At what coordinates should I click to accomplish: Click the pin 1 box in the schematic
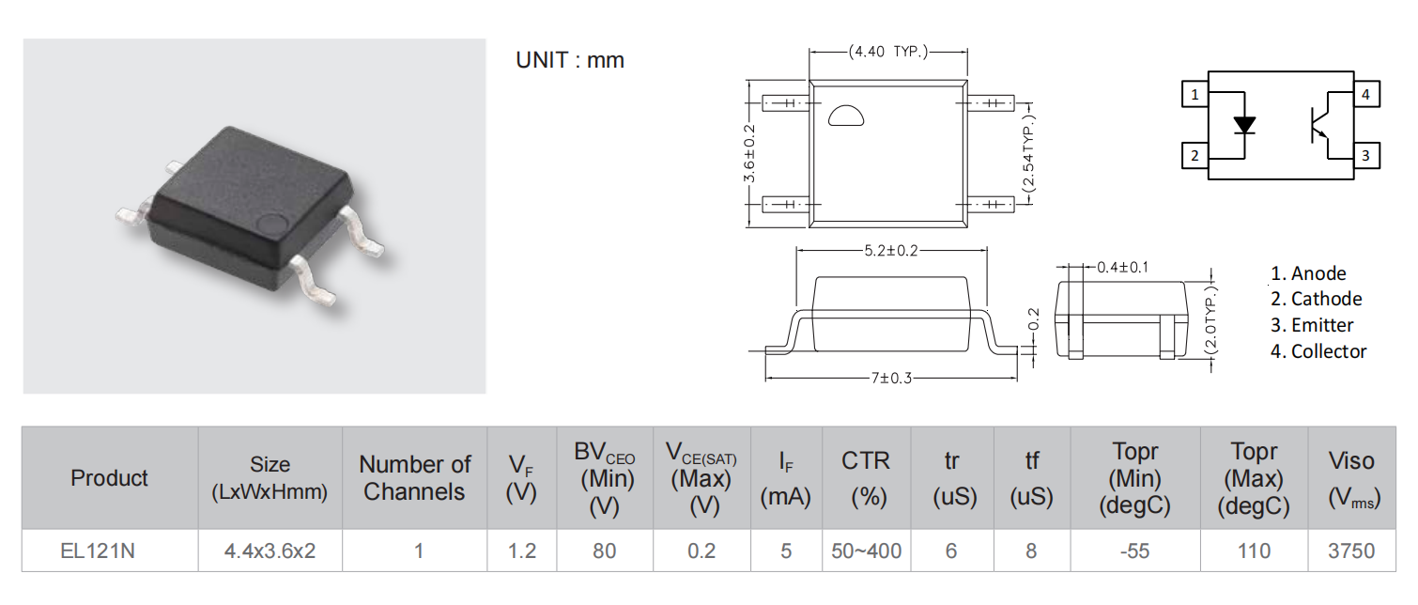[x=1195, y=94]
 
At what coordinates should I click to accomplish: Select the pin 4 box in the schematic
[x=1366, y=94]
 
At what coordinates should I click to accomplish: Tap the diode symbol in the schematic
[x=1244, y=126]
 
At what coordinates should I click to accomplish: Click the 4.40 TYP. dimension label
[x=888, y=52]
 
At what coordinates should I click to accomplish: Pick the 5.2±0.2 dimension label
[x=890, y=250]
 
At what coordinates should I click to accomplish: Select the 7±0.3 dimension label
[x=890, y=379]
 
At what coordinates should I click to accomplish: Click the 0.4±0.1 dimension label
[x=1122, y=268]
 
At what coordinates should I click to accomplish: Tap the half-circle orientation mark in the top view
[x=846, y=116]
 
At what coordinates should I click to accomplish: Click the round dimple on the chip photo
[x=273, y=223]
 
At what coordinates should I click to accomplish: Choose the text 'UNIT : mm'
[x=570, y=60]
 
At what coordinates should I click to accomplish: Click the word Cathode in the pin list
[x=1326, y=299]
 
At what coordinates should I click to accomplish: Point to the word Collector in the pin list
[x=1329, y=351]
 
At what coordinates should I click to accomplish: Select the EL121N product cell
[x=98, y=551]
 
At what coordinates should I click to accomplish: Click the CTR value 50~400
[x=866, y=551]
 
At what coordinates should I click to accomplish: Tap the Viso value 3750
[x=1351, y=551]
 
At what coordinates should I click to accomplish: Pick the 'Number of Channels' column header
[x=415, y=477]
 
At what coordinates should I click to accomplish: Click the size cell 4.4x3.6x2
[x=270, y=551]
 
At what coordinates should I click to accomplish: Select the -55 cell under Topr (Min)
[x=1134, y=551]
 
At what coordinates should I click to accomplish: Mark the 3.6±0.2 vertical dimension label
[x=749, y=153]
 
